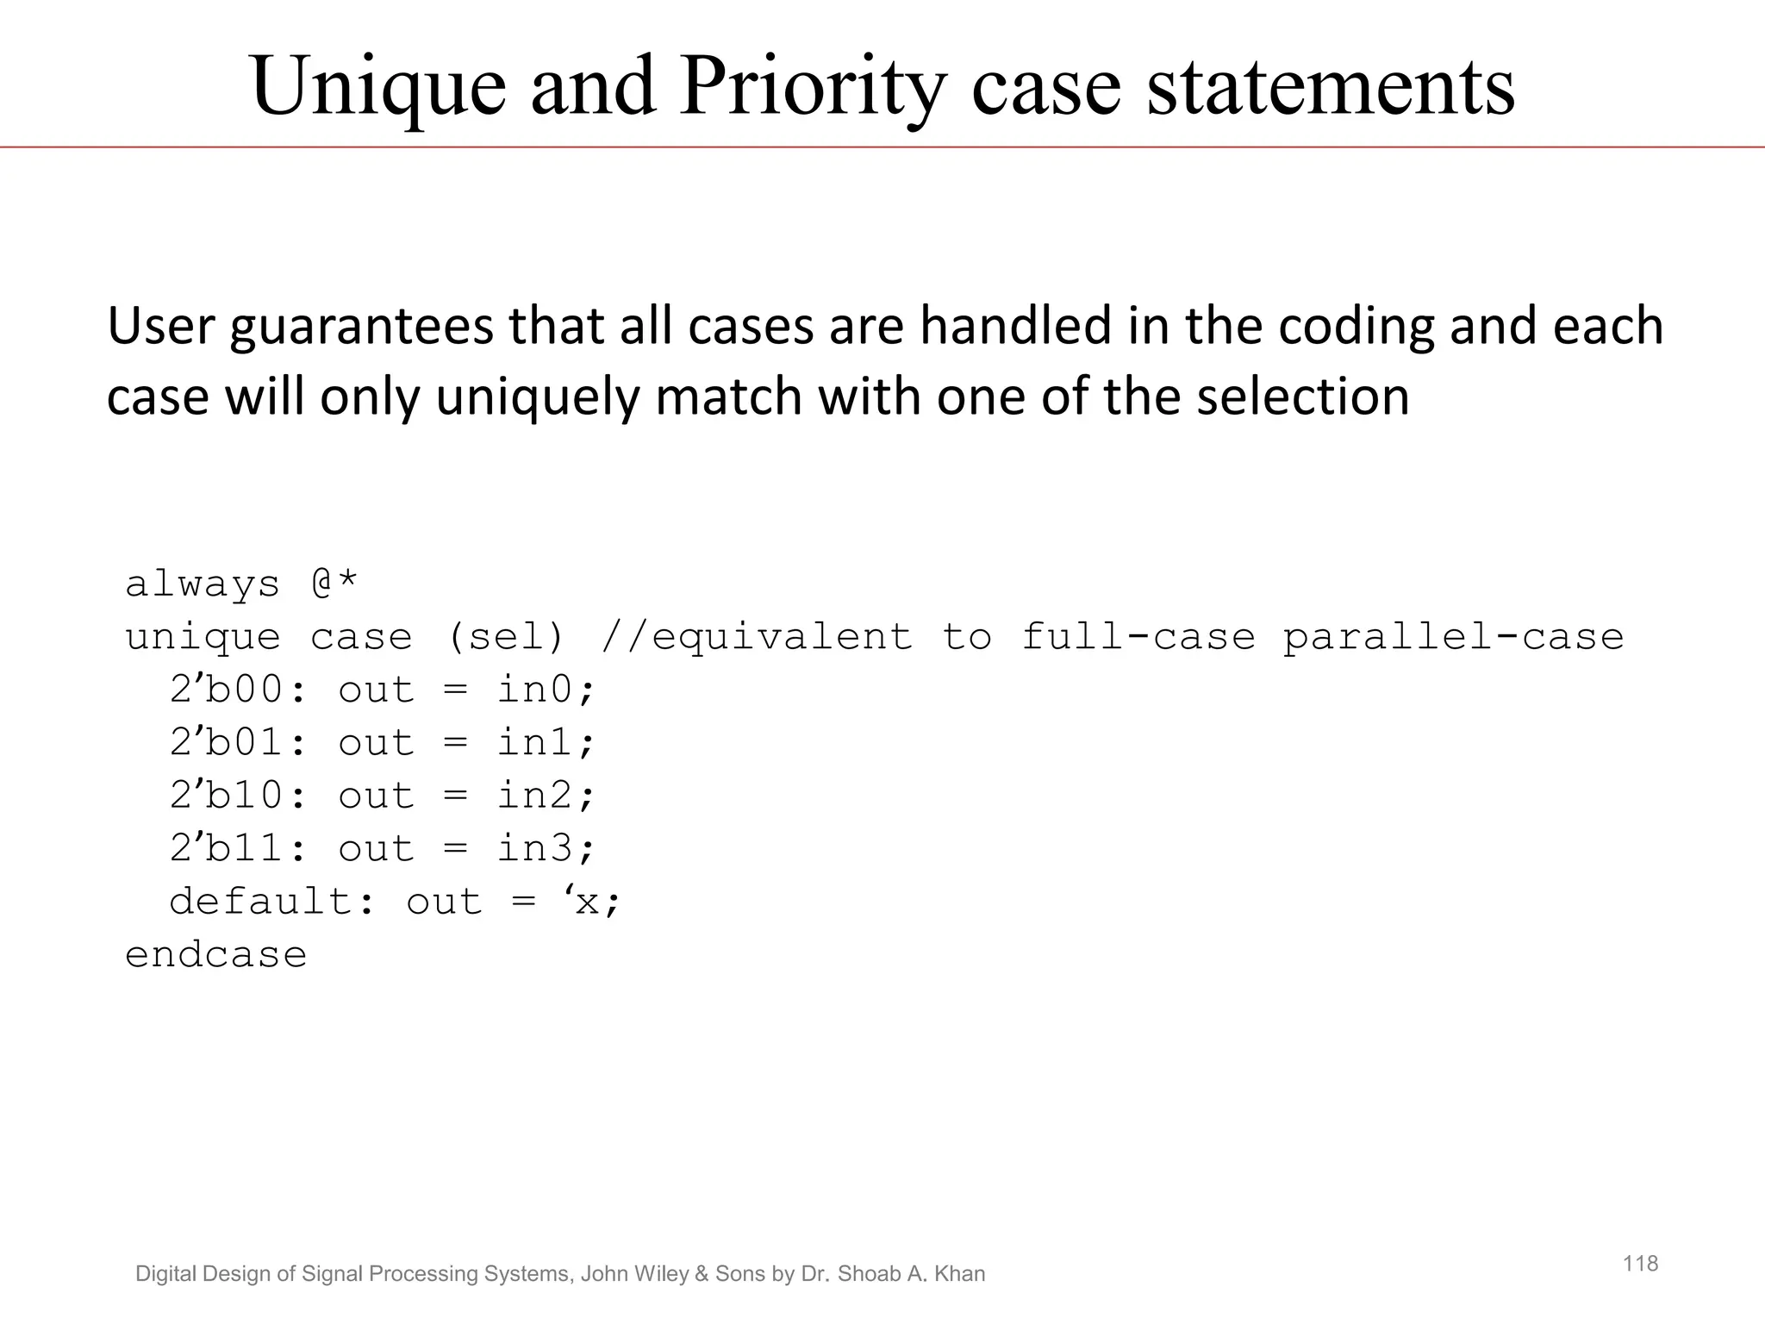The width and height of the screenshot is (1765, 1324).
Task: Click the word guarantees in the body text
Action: pos(361,328)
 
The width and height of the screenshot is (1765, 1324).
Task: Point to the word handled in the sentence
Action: pos(1016,328)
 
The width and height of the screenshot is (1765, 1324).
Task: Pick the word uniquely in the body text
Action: pos(539,398)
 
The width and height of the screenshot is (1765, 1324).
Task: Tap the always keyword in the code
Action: pos(203,585)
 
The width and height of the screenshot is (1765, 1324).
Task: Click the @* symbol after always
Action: pos(334,584)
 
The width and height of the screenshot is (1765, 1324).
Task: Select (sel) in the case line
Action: pos(505,638)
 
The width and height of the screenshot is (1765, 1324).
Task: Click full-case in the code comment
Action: pos(1138,638)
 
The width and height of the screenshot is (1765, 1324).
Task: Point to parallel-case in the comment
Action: pos(1453,638)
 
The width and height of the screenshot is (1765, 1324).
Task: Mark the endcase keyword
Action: pos(216,955)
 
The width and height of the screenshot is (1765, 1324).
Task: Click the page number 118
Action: pos(1640,1264)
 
